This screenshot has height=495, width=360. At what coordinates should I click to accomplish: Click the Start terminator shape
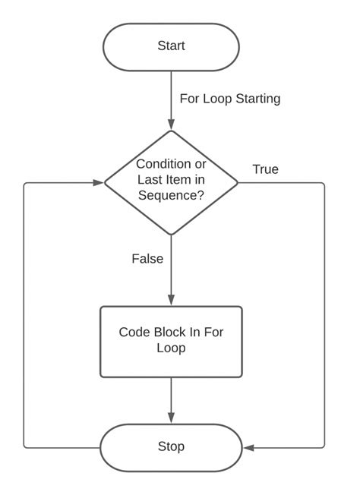(171, 46)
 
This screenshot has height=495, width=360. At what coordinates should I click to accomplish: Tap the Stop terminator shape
(171, 446)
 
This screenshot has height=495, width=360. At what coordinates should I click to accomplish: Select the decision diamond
(171, 182)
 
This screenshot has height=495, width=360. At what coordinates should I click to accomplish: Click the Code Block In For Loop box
(171, 341)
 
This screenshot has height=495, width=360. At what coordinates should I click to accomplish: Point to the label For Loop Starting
(230, 99)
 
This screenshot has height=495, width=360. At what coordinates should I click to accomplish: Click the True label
(265, 169)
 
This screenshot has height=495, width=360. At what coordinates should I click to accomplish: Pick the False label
(147, 259)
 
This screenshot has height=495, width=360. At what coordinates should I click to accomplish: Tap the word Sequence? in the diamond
(171, 195)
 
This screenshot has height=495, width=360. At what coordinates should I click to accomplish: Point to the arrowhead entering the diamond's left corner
(98, 182)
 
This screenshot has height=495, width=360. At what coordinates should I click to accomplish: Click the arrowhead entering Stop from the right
(248, 447)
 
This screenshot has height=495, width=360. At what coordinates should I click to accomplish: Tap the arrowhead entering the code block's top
(171, 301)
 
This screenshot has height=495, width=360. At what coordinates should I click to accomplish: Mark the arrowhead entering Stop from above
(171, 418)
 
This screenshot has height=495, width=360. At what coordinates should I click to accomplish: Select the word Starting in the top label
(258, 99)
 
